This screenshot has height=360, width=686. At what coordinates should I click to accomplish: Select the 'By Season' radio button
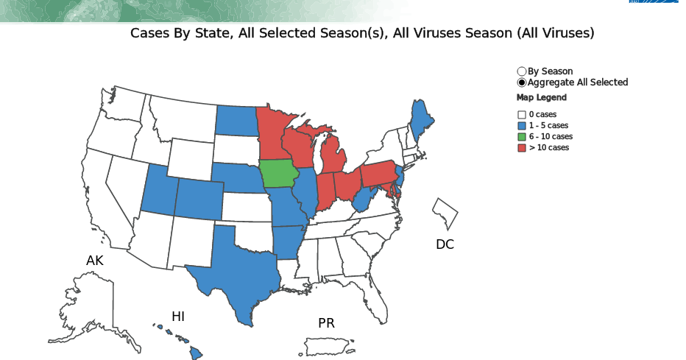coord(522,71)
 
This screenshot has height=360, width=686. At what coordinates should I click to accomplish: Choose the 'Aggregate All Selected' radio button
coord(522,82)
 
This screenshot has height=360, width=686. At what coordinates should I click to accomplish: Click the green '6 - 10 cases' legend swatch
coord(522,137)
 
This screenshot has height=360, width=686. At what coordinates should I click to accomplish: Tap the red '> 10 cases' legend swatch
coord(522,148)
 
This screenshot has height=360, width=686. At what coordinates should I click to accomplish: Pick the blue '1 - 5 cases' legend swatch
coord(522,126)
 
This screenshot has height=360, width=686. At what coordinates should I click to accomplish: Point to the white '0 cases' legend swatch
coord(522,115)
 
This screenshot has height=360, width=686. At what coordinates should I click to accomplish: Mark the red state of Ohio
coord(347,185)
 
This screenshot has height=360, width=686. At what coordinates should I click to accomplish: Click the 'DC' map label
coord(445,244)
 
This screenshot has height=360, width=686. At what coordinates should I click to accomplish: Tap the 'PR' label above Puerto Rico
coord(326,323)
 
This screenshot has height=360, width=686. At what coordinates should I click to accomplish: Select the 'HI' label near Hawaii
coord(178,317)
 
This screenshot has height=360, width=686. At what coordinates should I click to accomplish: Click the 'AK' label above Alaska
coord(95,261)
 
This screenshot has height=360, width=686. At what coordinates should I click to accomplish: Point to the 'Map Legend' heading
coord(541,98)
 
